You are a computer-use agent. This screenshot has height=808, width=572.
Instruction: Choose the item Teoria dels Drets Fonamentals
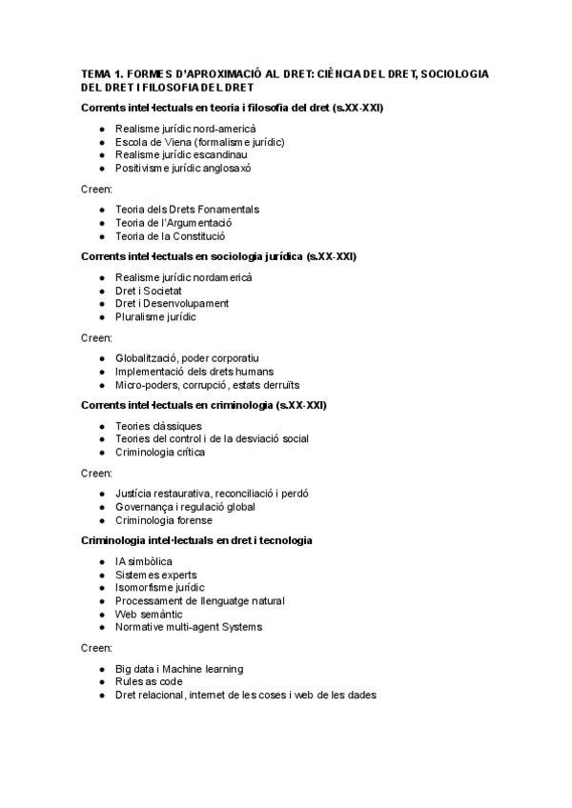tap(187, 209)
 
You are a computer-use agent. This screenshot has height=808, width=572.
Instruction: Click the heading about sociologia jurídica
tap(219, 257)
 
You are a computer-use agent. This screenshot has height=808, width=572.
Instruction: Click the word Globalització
tap(147, 358)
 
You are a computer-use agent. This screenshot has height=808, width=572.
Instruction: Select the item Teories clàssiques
tap(158, 426)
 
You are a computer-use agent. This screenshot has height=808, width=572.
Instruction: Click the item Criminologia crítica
tap(160, 453)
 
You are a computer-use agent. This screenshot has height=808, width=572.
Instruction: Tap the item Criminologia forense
tap(163, 520)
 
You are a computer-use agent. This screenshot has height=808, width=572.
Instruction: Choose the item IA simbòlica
tap(144, 561)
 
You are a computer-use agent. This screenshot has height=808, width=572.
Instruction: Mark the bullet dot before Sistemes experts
tap(102, 575)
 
